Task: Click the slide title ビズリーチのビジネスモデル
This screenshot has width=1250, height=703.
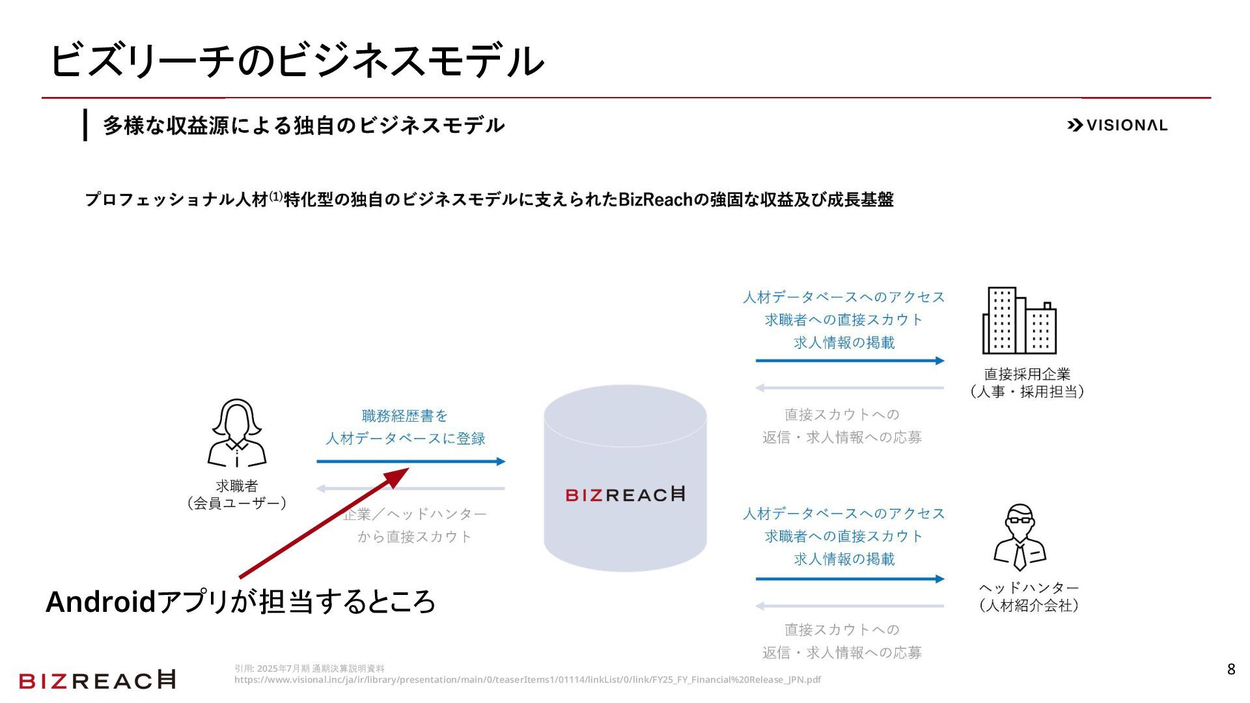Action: point(296,61)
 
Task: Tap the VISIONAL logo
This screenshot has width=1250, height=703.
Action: point(1117,125)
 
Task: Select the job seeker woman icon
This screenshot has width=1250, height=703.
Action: point(236,433)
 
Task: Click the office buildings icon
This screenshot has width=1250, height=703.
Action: point(1019,320)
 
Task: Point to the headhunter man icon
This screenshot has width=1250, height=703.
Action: point(1020,538)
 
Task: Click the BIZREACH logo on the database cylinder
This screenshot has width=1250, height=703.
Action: point(625,495)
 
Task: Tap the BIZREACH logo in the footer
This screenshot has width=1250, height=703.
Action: point(98,680)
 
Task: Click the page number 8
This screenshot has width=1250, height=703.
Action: point(1230,669)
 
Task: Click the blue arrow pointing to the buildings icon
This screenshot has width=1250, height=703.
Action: point(850,361)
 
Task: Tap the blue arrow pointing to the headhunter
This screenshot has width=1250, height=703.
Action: point(850,579)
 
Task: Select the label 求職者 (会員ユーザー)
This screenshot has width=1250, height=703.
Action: point(237,495)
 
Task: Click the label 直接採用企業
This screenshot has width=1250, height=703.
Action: point(1027,374)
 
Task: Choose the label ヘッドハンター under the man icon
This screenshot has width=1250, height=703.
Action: point(1029,588)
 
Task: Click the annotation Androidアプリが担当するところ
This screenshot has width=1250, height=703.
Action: point(240,601)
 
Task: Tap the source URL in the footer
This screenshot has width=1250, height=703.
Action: point(527,680)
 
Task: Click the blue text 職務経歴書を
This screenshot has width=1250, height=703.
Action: point(405,415)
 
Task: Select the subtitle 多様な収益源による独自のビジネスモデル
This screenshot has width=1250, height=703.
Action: point(303,125)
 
